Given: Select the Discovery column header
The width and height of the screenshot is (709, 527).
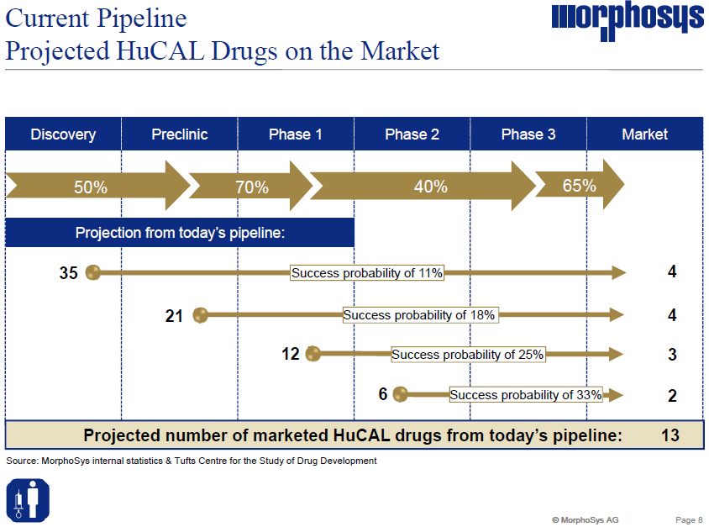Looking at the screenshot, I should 63,134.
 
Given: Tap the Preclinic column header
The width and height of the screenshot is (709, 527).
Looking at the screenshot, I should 180,134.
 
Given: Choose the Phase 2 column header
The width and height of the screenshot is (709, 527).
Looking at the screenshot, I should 412,134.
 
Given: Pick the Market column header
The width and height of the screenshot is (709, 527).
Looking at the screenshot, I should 644,134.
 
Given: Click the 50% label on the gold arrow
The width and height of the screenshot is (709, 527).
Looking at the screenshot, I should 91,187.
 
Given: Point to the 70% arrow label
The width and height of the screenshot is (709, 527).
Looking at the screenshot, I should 251,187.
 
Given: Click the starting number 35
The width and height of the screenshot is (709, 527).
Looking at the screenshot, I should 69,272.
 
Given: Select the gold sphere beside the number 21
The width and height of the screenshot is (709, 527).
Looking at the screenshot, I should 201,315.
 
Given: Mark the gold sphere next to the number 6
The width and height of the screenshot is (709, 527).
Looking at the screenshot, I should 400,393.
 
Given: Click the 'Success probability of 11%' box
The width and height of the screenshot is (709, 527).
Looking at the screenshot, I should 366,272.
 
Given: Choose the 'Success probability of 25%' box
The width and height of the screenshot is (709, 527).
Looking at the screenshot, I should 468,355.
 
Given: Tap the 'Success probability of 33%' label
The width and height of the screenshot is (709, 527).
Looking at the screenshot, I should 526,394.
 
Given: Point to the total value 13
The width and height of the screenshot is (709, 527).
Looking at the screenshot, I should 670,435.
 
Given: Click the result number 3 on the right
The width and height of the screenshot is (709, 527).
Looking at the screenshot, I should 672,355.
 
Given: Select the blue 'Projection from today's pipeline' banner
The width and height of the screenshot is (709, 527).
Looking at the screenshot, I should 180,233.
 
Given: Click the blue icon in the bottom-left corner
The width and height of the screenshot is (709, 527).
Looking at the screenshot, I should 29,498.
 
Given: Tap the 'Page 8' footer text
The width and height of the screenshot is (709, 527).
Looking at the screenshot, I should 689,519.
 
